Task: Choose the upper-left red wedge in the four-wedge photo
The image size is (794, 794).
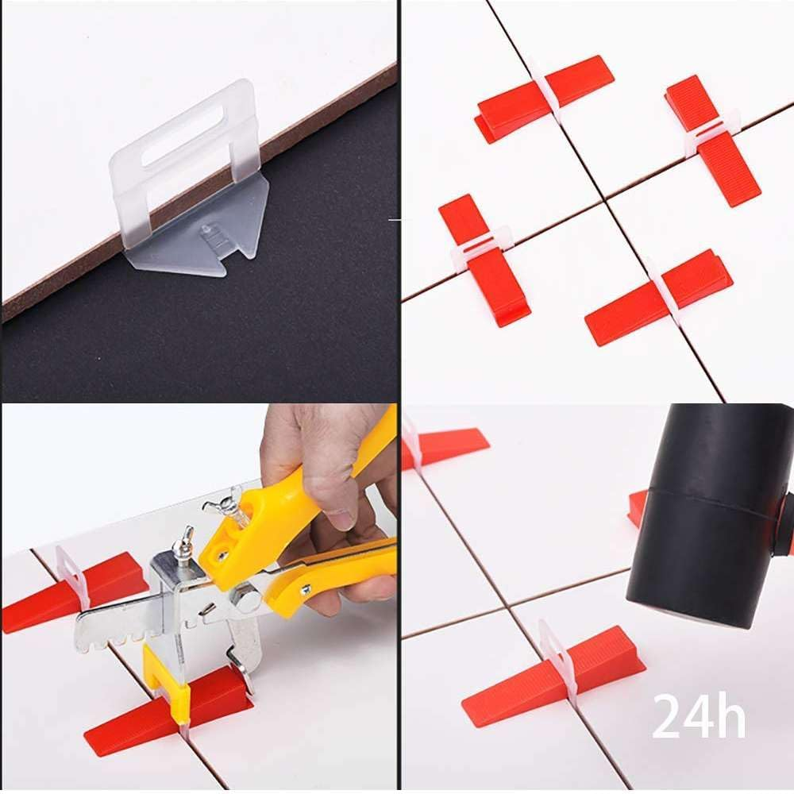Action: tap(540, 98)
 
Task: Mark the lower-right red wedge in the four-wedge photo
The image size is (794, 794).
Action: tap(659, 299)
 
